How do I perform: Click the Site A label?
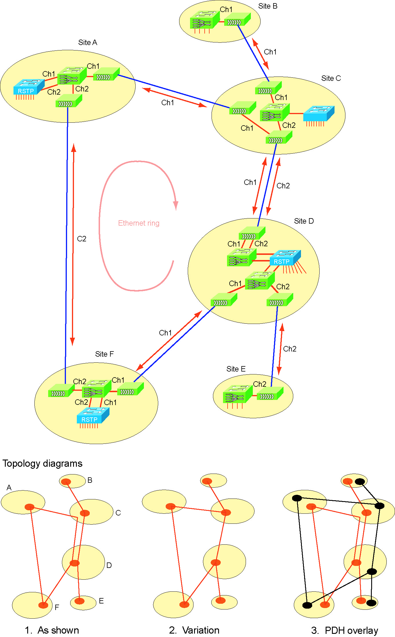click(x=88, y=42)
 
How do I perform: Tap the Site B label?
click(x=268, y=6)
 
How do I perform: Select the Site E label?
click(x=236, y=369)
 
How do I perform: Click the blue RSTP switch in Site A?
click(x=28, y=87)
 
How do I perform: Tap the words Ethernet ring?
click(x=139, y=223)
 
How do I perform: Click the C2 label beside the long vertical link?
click(x=82, y=239)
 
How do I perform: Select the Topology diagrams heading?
click(x=42, y=463)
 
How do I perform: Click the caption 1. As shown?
click(x=52, y=630)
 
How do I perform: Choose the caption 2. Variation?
click(x=194, y=630)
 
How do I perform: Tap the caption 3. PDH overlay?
click(x=345, y=630)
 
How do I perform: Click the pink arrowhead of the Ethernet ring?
click(x=176, y=205)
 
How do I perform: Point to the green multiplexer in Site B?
click(x=200, y=20)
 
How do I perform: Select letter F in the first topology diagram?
click(x=57, y=607)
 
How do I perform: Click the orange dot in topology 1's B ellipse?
click(x=66, y=481)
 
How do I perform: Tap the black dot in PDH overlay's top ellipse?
click(x=360, y=482)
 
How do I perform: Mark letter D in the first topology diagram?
click(x=109, y=565)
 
